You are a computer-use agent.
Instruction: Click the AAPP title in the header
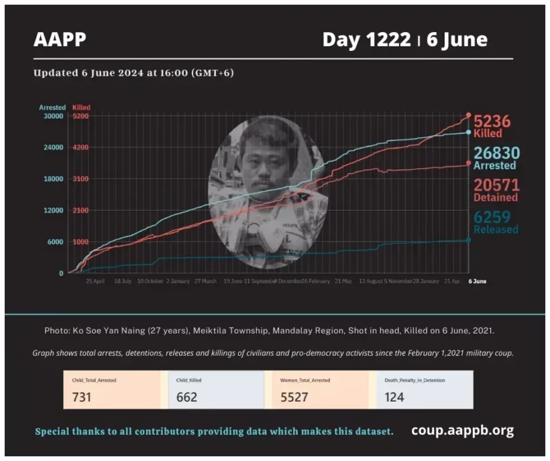(60, 40)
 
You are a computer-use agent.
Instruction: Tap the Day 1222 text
(366, 40)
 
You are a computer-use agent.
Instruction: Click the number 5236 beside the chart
(492, 121)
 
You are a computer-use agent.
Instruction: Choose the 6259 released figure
(492, 217)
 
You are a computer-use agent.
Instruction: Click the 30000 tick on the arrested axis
(53, 116)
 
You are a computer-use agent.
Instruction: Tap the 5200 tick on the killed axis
(80, 116)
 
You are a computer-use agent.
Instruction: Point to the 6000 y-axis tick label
(54, 242)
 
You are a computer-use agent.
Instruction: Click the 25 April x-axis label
(95, 281)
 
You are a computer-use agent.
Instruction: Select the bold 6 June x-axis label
(477, 281)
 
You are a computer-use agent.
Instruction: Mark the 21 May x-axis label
(342, 281)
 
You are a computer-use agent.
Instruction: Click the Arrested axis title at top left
(52, 107)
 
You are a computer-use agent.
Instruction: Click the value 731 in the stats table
(81, 397)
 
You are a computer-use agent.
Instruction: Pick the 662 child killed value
(186, 397)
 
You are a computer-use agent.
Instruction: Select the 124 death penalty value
(394, 397)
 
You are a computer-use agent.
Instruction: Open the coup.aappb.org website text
(462, 430)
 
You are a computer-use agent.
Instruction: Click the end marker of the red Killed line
(468, 115)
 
